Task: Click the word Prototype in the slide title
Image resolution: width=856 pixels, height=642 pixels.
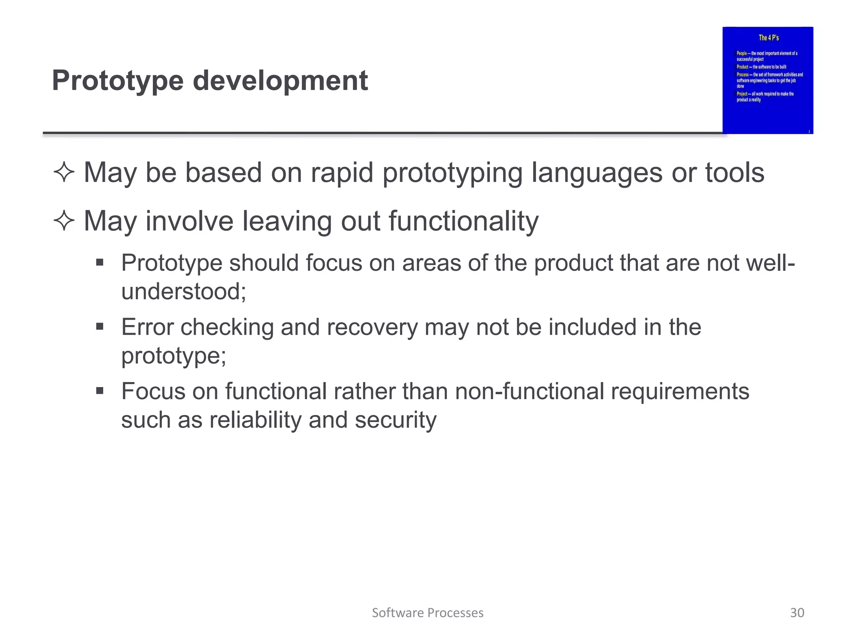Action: tap(117, 81)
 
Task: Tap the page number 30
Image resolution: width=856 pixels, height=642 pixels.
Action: tap(797, 613)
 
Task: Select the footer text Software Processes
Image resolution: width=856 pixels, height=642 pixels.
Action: tap(428, 613)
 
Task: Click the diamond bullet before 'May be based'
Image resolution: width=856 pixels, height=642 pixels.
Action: tap(64, 173)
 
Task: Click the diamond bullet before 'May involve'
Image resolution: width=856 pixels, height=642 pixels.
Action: tap(64, 221)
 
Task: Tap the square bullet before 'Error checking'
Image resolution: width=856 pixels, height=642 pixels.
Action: tap(99, 326)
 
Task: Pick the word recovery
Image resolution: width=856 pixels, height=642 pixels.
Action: tap(372, 327)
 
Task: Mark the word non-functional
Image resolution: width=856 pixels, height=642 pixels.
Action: tap(530, 392)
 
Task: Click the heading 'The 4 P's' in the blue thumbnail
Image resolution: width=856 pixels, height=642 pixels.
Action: tap(769, 38)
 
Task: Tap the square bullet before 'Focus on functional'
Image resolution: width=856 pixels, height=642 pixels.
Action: tap(99, 391)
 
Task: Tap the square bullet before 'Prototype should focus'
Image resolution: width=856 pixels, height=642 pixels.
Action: tap(99, 263)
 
